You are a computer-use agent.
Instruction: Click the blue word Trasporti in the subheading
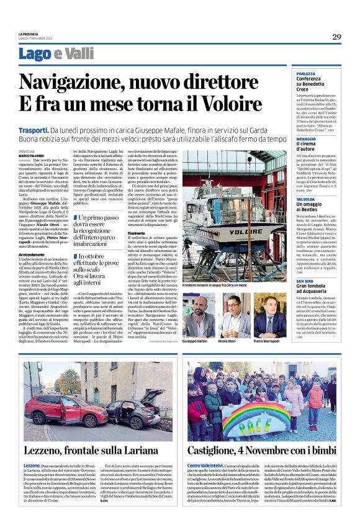click(x=34, y=130)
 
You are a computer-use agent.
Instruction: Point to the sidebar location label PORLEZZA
click(x=307, y=73)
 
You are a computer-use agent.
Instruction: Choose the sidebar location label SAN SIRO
click(x=306, y=281)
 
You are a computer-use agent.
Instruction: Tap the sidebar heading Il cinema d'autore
click(x=312, y=146)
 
